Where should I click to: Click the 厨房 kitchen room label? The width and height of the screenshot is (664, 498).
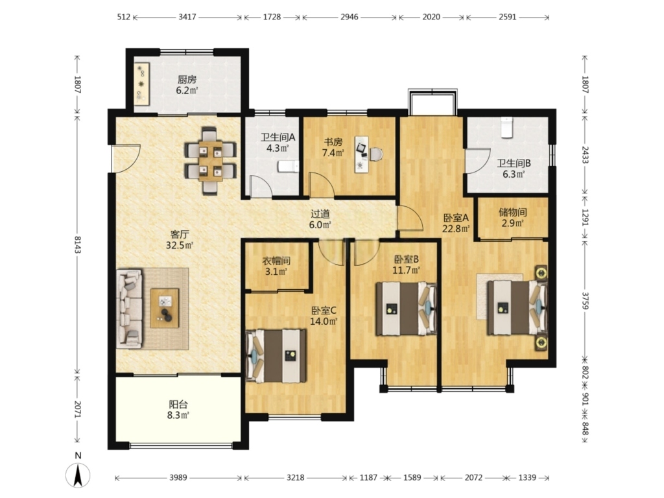[x=187, y=79]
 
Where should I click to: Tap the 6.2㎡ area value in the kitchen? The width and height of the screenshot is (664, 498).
[x=187, y=90]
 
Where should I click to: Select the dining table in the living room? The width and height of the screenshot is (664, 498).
[x=211, y=161]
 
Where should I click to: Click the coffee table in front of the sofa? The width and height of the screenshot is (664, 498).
[x=165, y=308]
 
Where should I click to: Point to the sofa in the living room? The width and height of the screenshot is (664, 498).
[x=130, y=308]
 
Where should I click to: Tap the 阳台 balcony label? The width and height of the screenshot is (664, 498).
[x=178, y=405]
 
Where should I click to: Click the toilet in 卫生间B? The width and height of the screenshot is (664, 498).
[x=507, y=127]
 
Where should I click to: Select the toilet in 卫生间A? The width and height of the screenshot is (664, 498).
[x=289, y=167]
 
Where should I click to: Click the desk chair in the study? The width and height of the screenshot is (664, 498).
[x=376, y=154]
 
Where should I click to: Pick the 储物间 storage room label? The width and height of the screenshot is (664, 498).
[x=513, y=212]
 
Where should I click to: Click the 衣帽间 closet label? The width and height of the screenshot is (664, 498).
[x=276, y=261]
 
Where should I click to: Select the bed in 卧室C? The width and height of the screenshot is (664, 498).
[x=276, y=356]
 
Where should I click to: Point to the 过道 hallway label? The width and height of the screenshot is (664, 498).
[x=320, y=214]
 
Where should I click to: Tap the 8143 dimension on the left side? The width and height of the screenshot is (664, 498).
[x=78, y=244]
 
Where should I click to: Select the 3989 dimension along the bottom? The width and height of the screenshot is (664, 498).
[x=178, y=478]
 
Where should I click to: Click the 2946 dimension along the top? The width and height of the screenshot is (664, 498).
[x=350, y=17]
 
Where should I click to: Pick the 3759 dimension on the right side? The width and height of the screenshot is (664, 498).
[x=585, y=300]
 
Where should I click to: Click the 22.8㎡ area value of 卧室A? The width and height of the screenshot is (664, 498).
[x=456, y=229]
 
